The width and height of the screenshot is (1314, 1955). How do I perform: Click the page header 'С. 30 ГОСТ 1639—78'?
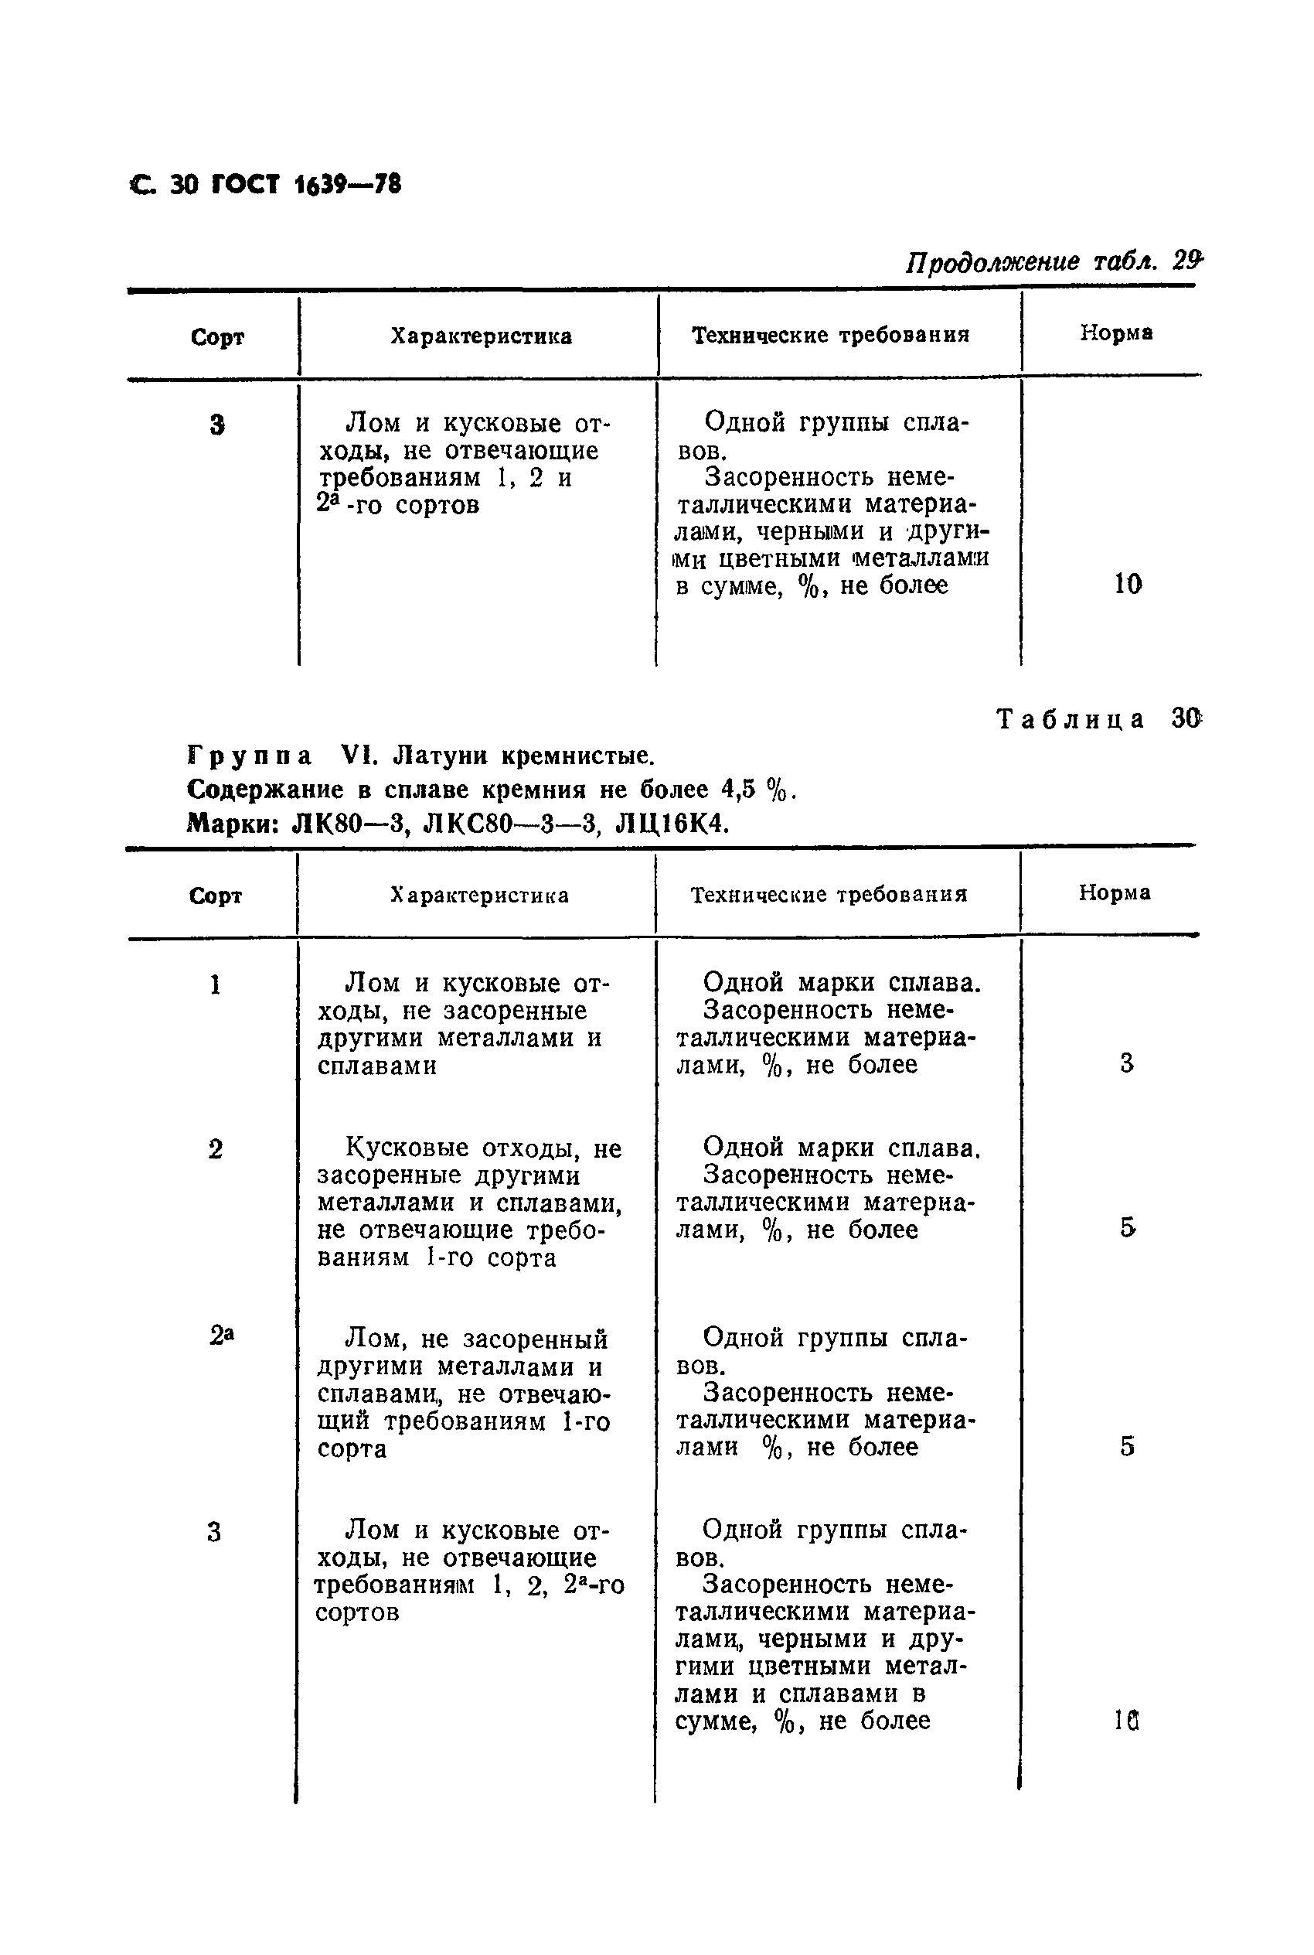click(x=266, y=183)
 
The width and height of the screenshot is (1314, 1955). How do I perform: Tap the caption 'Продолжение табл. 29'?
click(x=1054, y=262)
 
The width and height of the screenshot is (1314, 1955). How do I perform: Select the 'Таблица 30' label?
click(x=1098, y=718)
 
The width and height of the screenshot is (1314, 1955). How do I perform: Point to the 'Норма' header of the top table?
click(x=1115, y=333)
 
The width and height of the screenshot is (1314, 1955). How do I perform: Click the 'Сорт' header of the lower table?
click(x=216, y=896)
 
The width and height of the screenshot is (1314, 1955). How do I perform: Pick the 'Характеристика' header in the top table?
click(x=481, y=336)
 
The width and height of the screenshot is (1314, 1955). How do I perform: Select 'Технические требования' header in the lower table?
click(x=829, y=895)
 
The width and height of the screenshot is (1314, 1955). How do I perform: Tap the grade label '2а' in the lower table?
click(x=220, y=1335)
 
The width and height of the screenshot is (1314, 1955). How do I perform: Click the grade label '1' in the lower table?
click(x=216, y=984)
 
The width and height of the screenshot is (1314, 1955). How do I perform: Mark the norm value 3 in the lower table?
click(x=1126, y=1063)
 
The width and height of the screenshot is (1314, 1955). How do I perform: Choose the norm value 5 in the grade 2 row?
click(x=1127, y=1228)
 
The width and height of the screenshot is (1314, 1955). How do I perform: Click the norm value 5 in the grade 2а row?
click(x=1127, y=1445)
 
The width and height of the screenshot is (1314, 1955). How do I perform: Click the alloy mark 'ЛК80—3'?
click(x=349, y=825)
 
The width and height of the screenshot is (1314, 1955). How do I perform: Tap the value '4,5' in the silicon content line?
click(x=739, y=789)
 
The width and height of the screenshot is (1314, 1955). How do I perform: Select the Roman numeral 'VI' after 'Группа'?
click(x=360, y=756)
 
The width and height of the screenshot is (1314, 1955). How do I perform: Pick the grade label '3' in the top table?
click(x=217, y=426)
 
